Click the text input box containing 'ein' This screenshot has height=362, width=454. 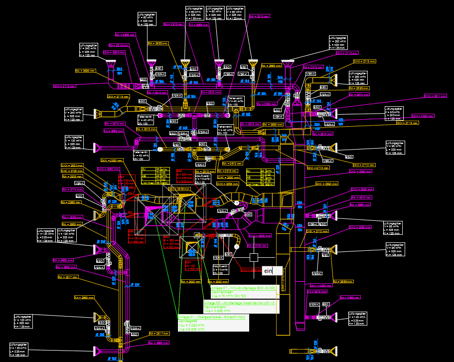pos(272,271)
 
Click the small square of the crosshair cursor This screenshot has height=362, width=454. pos(254,258)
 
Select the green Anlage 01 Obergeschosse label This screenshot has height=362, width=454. pos(213,323)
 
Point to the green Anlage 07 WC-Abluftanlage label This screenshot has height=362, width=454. pos(243,292)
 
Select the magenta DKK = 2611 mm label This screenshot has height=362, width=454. pos(435,96)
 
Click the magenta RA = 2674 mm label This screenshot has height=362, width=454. pos(359,94)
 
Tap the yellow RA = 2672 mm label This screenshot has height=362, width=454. pos(232,163)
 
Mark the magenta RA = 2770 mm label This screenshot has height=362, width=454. pos(72,189)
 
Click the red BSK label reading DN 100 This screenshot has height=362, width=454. pos(193,265)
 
